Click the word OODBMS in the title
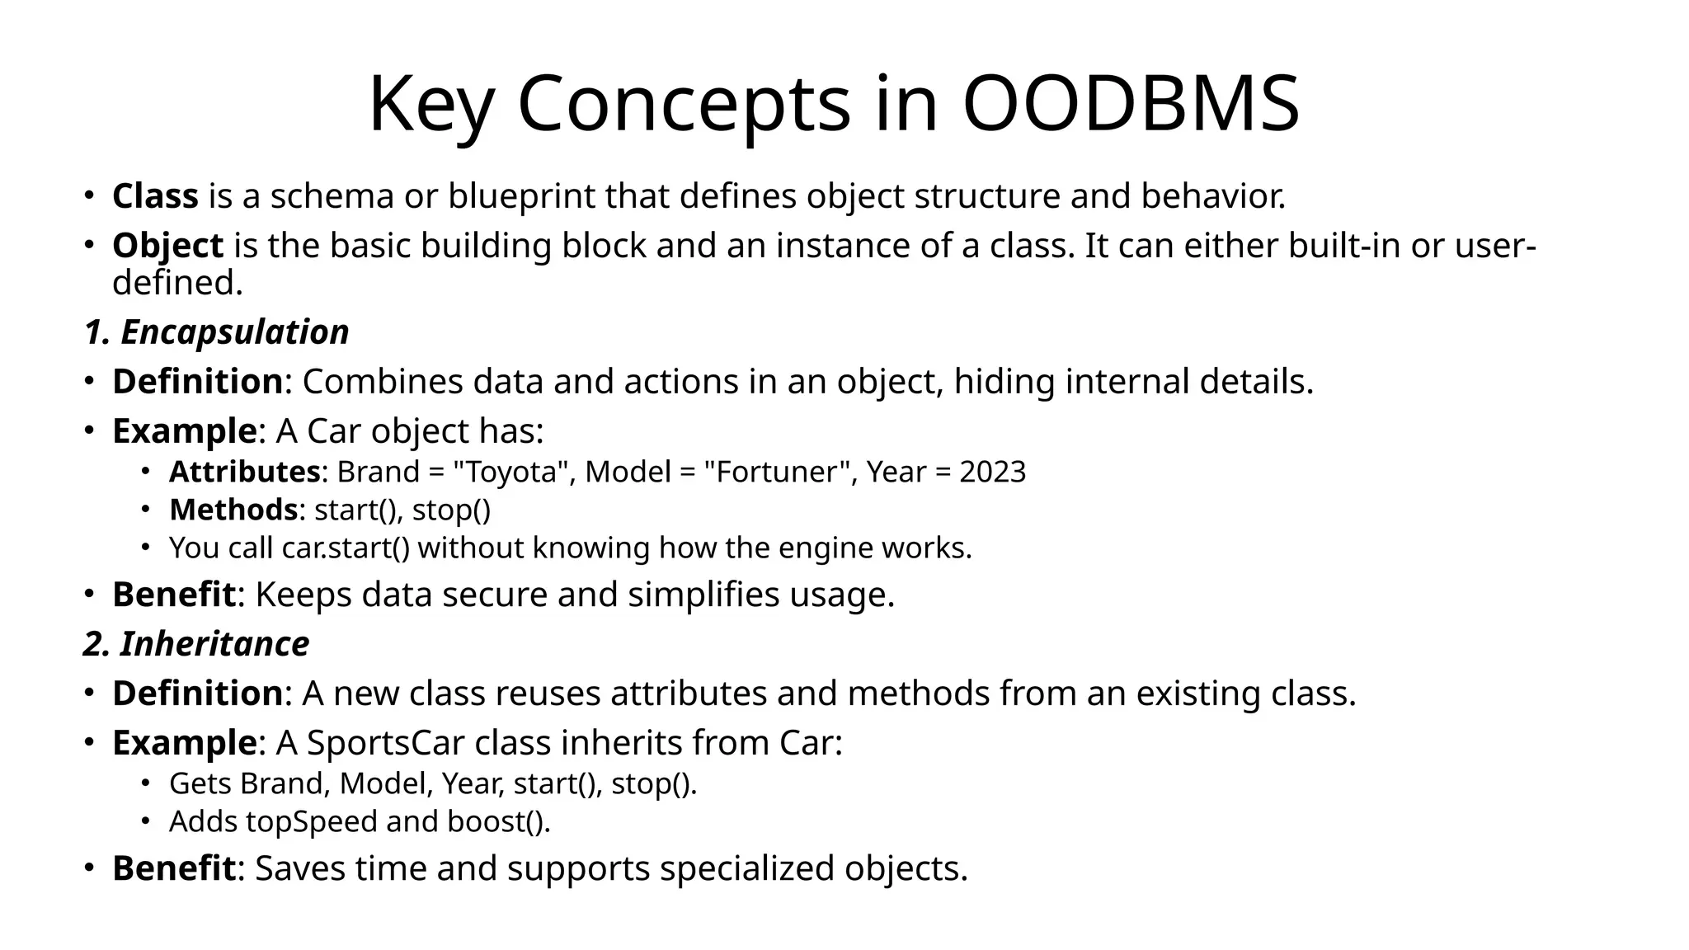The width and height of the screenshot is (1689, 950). click(1131, 105)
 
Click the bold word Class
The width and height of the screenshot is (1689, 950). click(155, 196)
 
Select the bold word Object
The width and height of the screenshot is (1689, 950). click(167, 246)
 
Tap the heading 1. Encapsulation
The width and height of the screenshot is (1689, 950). click(216, 332)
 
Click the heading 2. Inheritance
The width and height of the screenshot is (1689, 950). click(196, 643)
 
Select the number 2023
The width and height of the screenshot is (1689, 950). click(992, 472)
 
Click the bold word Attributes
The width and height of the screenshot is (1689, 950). click(244, 472)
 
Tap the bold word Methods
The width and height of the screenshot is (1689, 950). click(233, 510)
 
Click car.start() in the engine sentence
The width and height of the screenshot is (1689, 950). click(345, 548)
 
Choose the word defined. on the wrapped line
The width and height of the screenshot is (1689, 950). click(177, 283)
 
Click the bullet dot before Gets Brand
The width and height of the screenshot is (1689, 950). click(144, 782)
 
